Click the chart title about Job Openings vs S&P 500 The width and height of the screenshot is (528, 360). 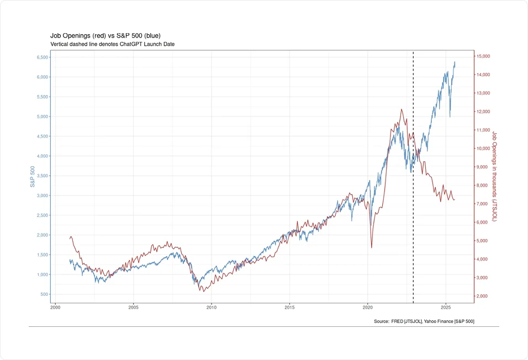click(x=105, y=35)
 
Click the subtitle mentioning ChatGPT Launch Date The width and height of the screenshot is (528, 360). click(x=112, y=44)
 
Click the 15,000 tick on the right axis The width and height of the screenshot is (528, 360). click(x=483, y=56)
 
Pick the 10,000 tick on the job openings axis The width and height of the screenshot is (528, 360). click(x=483, y=149)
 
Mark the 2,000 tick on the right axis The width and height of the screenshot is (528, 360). click(x=482, y=297)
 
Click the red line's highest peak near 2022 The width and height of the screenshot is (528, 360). click(x=401, y=109)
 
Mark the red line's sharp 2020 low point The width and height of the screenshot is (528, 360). click(x=371, y=247)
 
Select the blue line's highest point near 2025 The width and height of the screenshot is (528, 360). click(x=455, y=62)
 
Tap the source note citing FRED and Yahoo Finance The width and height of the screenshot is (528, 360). click(x=424, y=321)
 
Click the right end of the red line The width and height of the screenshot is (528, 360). click(x=455, y=200)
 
